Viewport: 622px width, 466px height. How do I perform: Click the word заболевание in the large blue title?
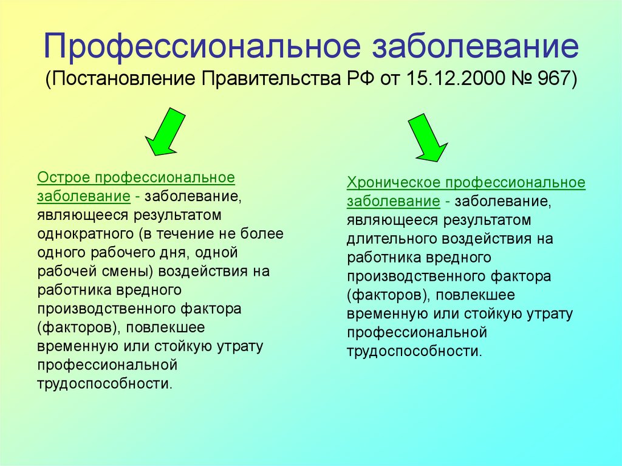[475, 46]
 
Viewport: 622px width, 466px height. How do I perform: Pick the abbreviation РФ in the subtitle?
[360, 78]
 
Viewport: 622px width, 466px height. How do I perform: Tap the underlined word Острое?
[63, 177]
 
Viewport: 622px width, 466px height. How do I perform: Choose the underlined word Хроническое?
[394, 183]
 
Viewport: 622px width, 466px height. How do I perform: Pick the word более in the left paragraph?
[262, 233]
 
